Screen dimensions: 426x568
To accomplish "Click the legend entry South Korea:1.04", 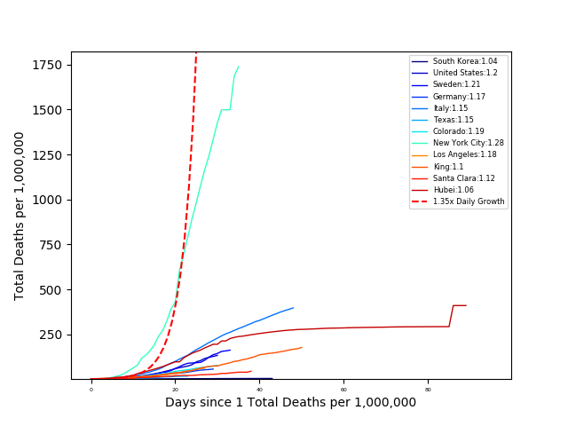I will click(464, 61).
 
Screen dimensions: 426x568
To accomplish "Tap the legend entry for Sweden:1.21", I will click(456, 84).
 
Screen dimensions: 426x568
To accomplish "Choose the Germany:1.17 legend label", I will click(459, 96).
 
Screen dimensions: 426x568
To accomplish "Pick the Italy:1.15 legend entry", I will click(453, 108).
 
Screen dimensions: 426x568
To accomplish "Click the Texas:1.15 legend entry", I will click(454, 120).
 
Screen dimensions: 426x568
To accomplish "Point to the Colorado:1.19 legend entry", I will click(458, 131).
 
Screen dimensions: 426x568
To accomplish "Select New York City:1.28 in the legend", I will click(468, 143).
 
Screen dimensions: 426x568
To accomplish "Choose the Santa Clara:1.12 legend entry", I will click(463, 178).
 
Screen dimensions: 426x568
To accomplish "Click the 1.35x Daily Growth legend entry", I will click(469, 201).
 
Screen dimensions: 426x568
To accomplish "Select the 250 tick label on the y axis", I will click(51, 335).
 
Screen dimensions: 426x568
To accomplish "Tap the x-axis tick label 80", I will click(428, 390).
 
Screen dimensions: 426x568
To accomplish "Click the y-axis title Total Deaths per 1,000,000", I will click(20, 216).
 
